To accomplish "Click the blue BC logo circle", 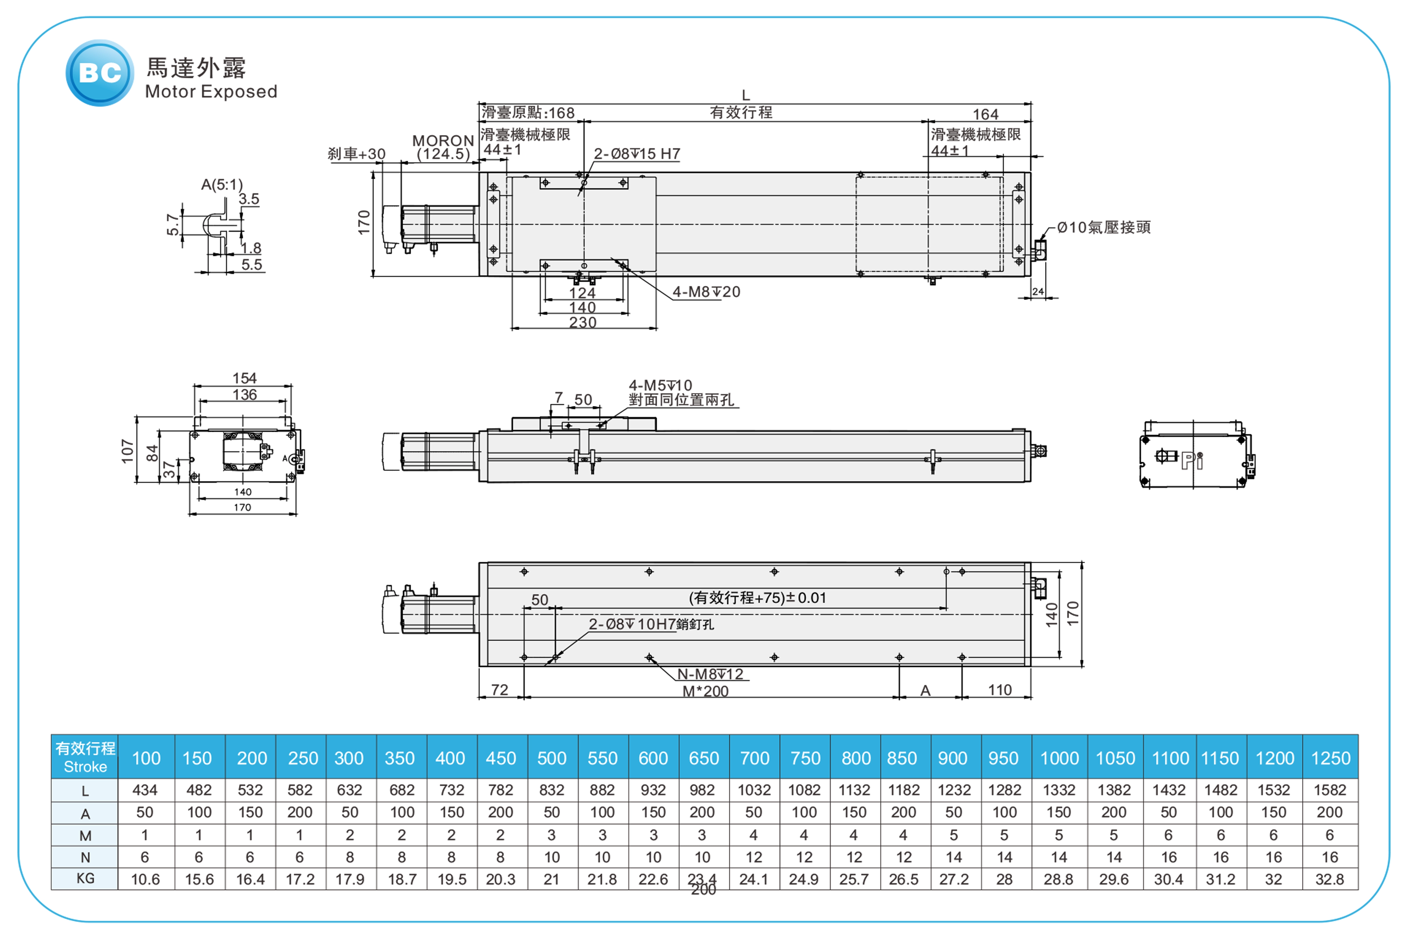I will [99, 73].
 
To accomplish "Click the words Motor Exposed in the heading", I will [211, 92].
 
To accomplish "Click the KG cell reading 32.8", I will [1330, 879].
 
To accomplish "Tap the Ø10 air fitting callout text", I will [1103, 227].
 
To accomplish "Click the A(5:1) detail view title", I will [221, 185].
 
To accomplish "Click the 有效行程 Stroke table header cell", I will [85, 757].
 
